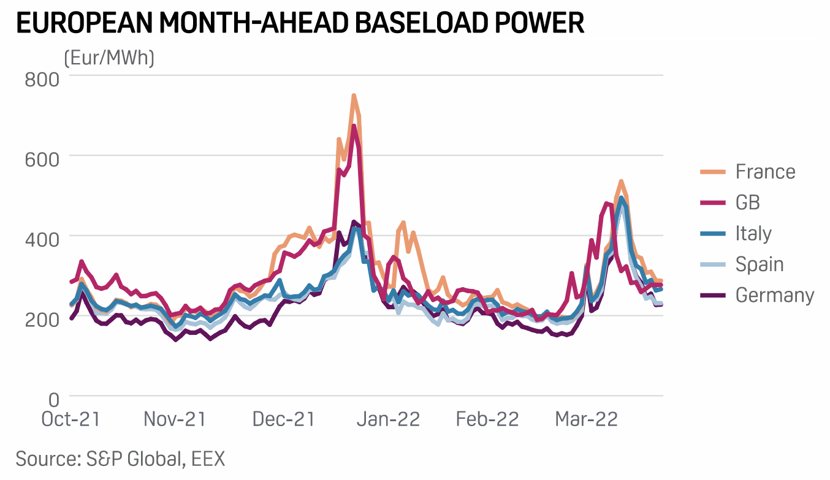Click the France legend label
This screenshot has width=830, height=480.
765,172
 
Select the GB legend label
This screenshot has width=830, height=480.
748,203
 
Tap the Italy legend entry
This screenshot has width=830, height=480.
753,233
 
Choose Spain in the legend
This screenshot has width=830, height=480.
760,264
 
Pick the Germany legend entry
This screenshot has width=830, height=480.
775,295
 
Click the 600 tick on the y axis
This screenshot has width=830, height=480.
41,159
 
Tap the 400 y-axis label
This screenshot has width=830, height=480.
41,239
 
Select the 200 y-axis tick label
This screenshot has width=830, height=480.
41,320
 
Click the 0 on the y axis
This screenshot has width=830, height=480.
54,399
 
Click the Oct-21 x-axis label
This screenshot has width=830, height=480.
70,419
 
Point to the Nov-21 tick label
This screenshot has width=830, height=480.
175,419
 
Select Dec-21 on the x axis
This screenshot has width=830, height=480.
283,419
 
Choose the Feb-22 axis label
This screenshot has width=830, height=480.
487,419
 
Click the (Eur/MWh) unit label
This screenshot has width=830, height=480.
109,58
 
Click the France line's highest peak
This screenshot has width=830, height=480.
354,96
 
